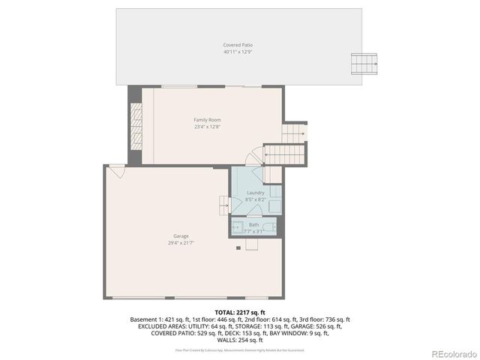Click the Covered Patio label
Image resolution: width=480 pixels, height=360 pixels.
(x=237, y=46)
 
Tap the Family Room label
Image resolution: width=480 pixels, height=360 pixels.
(x=207, y=120)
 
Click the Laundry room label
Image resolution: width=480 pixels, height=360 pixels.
(x=255, y=193)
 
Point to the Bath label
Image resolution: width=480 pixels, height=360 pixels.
(x=253, y=224)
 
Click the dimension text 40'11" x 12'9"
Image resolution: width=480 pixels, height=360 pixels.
(x=237, y=52)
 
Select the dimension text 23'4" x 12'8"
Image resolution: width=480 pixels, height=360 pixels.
(x=207, y=127)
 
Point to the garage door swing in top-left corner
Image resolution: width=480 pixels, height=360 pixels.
(x=116, y=171)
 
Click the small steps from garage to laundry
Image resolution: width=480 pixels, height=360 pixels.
(x=223, y=204)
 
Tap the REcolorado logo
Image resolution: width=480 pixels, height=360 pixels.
(x=450, y=353)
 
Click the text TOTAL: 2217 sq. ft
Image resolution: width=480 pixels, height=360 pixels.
(x=240, y=312)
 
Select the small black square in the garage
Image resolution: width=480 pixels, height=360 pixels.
(x=238, y=248)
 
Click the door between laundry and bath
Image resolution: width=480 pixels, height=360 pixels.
(x=254, y=215)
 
